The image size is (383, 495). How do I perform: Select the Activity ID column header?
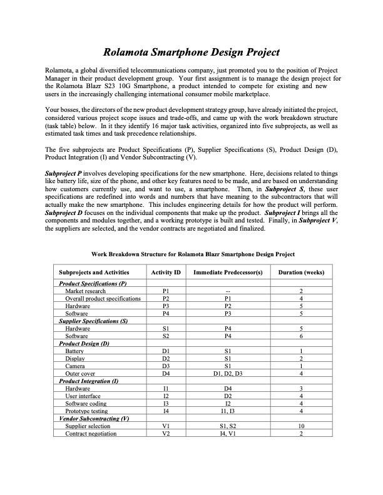[x=165, y=272]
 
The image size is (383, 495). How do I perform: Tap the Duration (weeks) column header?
[x=301, y=272]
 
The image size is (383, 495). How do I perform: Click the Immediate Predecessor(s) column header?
[x=228, y=272]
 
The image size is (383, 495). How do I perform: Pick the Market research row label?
[x=86, y=291]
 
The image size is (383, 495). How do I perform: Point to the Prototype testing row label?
[x=86, y=411]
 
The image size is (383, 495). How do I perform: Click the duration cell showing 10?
[x=301, y=426]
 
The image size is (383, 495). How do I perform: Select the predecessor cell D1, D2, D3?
[x=228, y=374]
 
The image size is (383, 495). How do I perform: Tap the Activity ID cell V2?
[x=165, y=434]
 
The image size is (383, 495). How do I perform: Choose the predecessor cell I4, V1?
[x=228, y=434]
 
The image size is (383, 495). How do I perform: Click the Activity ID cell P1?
[x=165, y=291]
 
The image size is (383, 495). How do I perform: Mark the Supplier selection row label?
[x=88, y=426]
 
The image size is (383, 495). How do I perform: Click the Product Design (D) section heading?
[x=84, y=344]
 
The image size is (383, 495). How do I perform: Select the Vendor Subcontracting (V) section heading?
[x=94, y=419]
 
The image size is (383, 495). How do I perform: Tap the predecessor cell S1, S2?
[x=228, y=426]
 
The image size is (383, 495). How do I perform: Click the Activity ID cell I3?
[x=165, y=404]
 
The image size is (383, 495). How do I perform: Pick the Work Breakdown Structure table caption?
[x=193, y=254]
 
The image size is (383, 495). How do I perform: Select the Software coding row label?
[x=86, y=404]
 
